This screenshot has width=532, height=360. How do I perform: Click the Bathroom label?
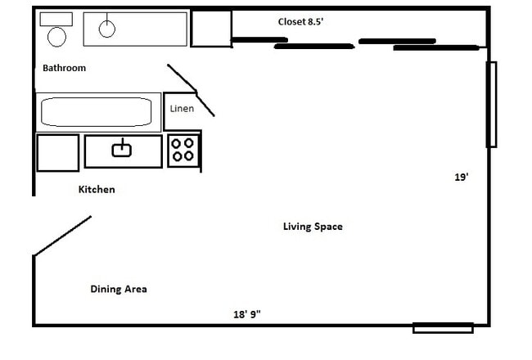coord(64,68)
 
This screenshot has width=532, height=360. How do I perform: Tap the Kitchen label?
coord(97,190)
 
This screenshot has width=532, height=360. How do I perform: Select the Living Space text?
coord(313,227)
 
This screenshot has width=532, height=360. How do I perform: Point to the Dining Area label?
coord(119,289)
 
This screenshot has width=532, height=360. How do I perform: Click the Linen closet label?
coord(182,109)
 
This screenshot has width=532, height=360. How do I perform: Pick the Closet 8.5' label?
coord(300,22)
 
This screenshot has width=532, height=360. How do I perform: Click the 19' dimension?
coord(462,176)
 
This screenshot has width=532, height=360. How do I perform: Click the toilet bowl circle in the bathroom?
coord(57,36)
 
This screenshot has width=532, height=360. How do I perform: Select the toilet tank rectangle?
coord(56,19)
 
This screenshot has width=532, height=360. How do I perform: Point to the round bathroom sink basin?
coord(107,29)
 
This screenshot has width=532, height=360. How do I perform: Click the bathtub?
coord(97,112)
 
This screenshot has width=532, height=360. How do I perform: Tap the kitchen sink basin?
coord(122,148)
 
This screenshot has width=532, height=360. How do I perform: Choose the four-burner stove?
coord(184,150)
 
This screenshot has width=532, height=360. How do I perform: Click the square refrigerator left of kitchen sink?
coord(57,152)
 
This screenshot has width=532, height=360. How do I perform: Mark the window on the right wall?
coord(491,104)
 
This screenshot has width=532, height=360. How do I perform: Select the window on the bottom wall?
coord(443,328)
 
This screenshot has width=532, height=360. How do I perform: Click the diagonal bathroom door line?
coord(192,90)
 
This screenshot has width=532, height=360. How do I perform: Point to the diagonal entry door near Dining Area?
coord(62,236)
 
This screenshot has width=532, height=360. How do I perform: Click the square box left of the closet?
coord(211,29)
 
